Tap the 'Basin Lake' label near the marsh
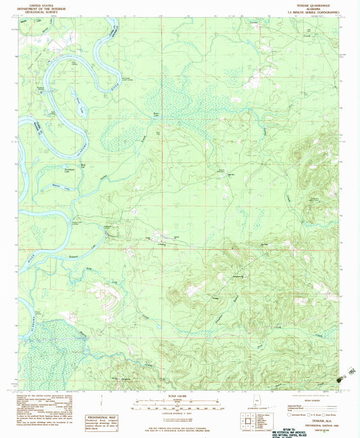point(157,113)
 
